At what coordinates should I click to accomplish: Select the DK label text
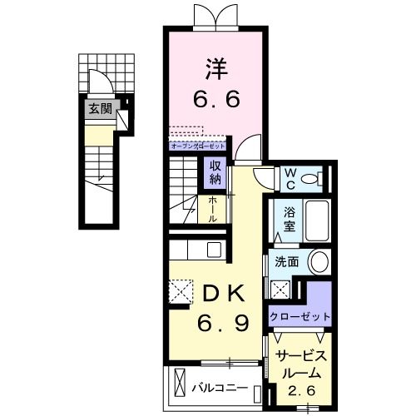[220, 293]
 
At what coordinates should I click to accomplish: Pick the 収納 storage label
[215, 171]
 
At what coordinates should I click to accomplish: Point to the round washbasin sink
[320, 260]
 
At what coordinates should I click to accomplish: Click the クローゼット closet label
[300, 317]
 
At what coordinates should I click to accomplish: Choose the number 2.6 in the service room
[300, 389]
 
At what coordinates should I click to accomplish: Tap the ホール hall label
[212, 208]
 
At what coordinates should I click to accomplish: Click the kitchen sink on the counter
[214, 249]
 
